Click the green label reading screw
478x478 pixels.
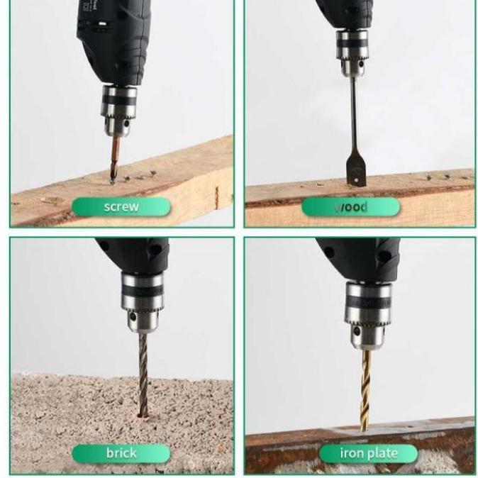121,207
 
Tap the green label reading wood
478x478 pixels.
351,207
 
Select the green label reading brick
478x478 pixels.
121,453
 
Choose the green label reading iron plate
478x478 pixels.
368,453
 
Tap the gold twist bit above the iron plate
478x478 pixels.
366,390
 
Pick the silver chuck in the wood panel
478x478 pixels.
352,52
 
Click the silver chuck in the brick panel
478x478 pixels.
143,301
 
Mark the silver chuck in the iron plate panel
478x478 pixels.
369,312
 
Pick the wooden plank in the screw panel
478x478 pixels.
177,177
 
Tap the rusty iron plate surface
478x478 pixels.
426,443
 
